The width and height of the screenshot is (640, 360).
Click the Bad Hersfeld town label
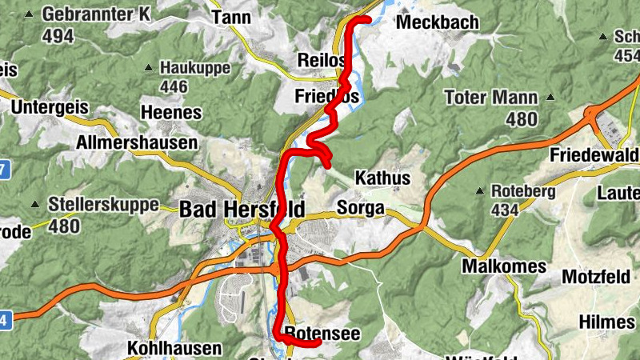coord(242,210)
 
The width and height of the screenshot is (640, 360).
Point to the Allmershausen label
coord(137,142)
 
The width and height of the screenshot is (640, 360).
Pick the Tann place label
coord(231,17)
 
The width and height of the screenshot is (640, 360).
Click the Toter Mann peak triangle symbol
coord(550,98)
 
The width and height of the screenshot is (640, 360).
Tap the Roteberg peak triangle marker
coord(479,191)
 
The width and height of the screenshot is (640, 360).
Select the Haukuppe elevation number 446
coord(173,86)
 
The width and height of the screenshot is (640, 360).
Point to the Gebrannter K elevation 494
coord(58,36)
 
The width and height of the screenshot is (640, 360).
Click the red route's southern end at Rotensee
coord(318,343)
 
